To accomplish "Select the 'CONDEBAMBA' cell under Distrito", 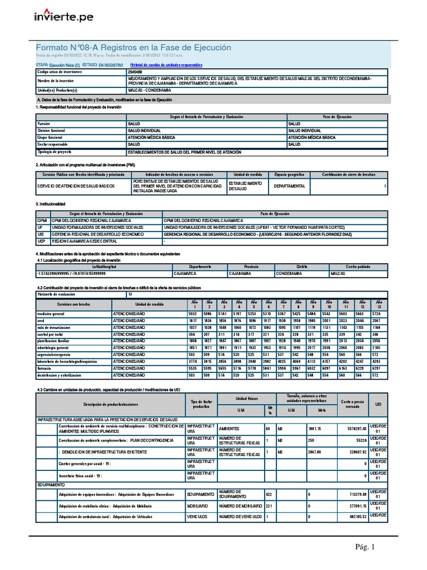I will click(291, 274).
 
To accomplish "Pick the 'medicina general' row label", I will click(51, 314).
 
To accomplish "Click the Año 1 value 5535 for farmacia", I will click(193, 368).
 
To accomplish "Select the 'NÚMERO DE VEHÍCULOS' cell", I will click(240, 516).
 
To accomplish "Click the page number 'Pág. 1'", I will click(366, 548).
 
